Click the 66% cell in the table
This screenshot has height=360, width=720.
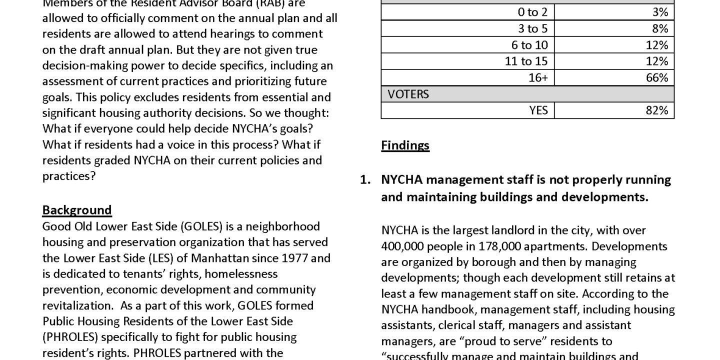pyautogui.click(x=656, y=77)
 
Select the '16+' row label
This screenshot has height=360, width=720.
pyautogui.click(x=538, y=77)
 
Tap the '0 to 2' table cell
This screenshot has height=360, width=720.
pyautogui.click(x=532, y=12)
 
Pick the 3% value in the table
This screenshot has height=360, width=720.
pyautogui.click(x=660, y=12)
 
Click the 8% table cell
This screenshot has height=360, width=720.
pyautogui.click(x=660, y=28)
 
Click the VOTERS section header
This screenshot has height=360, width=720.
pyautogui.click(x=408, y=94)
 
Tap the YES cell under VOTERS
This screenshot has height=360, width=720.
pyautogui.click(x=538, y=110)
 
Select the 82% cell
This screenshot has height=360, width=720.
pyautogui.click(x=656, y=110)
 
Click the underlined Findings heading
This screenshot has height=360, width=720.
pyautogui.click(x=405, y=145)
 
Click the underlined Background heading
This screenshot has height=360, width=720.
pyautogui.click(x=76, y=209)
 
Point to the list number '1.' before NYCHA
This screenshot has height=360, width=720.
pyautogui.click(x=365, y=179)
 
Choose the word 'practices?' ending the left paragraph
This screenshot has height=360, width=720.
pyautogui.click(x=68, y=176)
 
